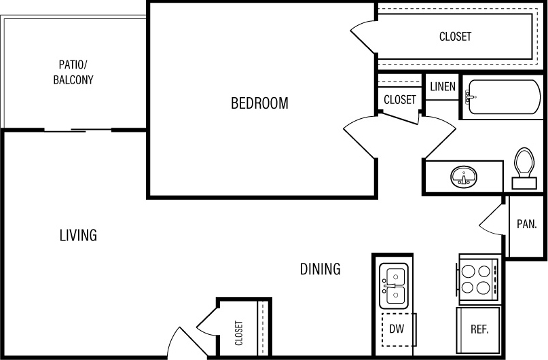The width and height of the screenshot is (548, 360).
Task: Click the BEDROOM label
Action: pos(259,104)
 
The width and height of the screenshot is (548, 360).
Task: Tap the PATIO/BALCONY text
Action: pos(73,72)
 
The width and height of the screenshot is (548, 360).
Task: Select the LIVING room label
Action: pos(78,236)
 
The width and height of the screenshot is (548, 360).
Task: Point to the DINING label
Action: pos(320,270)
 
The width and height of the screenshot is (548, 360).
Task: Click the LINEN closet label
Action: pos(442,87)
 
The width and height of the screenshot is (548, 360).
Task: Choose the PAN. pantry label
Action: pos(527,223)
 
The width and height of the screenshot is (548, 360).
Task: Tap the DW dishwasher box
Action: pos(397,329)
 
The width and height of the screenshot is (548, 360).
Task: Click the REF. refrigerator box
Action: pos(479,329)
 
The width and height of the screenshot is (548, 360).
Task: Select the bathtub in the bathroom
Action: pos(503,98)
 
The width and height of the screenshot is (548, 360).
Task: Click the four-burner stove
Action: pos(478,278)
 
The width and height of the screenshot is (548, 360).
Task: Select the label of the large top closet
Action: pos(455,37)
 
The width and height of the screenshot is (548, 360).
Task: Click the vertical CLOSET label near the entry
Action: pos(239,333)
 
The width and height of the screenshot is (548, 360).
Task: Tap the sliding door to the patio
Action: pos(78,129)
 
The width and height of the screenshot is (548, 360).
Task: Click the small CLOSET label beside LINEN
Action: pos(399,100)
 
